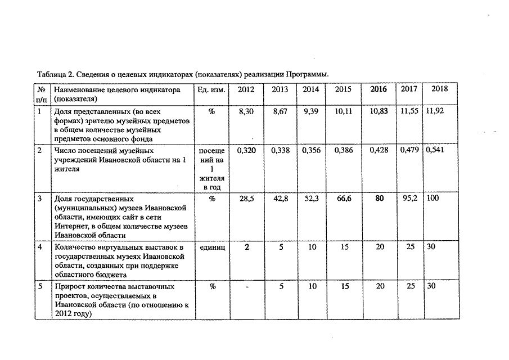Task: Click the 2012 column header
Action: point(246,89)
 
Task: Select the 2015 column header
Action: point(343,89)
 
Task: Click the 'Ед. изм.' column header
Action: point(211,89)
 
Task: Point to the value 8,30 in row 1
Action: point(246,112)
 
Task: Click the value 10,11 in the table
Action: point(343,112)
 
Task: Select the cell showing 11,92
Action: point(435,111)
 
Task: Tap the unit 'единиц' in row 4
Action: point(211,247)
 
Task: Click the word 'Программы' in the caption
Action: point(307,74)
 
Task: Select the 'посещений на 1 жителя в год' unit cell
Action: point(211,169)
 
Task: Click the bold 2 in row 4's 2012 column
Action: point(246,247)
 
